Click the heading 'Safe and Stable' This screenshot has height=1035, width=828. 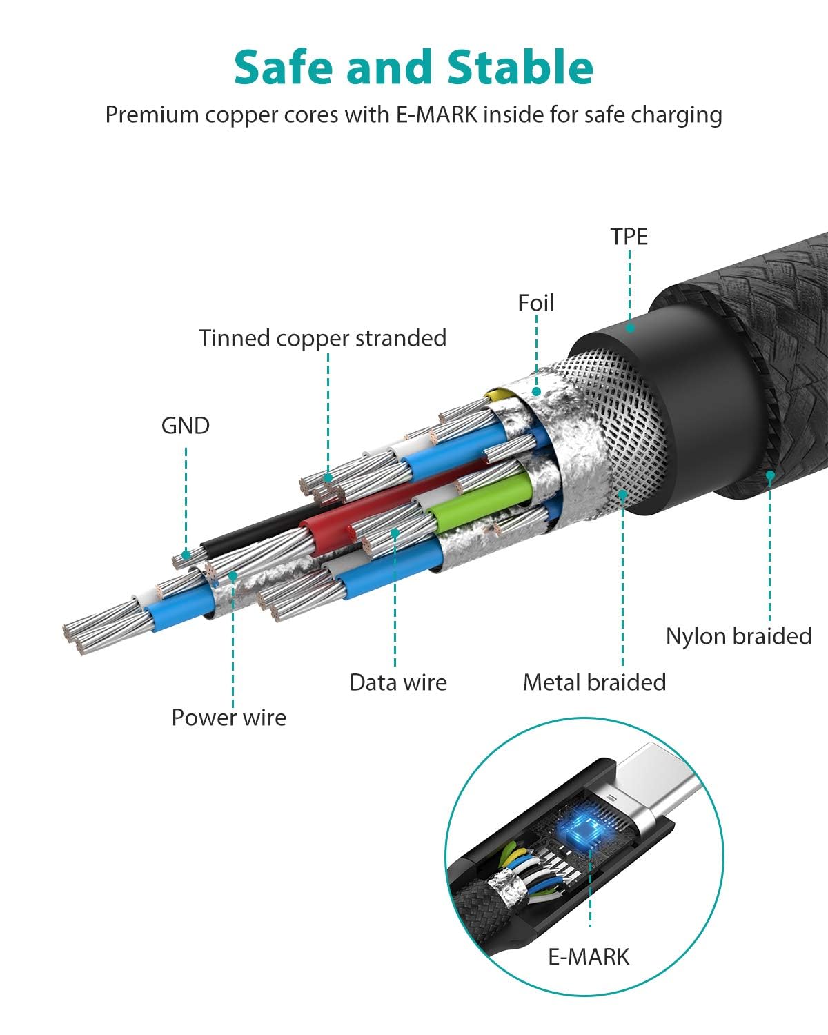pyautogui.click(x=413, y=68)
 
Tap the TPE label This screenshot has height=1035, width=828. pyautogui.click(x=629, y=237)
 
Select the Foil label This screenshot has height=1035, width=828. pyautogui.click(x=535, y=303)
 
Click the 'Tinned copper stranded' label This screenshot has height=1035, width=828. pyautogui.click(x=322, y=338)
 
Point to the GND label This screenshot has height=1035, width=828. pyautogui.click(x=185, y=426)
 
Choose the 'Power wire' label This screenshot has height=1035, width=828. pyautogui.click(x=228, y=718)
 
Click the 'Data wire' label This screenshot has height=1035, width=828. pyautogui.click(x=397, y=682)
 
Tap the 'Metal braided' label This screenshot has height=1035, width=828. pyautogui.click(x=594, y=682)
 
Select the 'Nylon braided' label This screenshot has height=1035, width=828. pyautogui.click(x=738, y=636)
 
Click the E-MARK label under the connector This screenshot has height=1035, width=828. pyautogui.click(x=589, y=957)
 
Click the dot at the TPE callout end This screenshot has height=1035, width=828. pyautogui.click(x=629, y=328)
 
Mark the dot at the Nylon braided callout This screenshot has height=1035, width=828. pyautogui.click(x=769, y=475)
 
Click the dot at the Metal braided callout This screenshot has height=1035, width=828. pyautogui.click(x=622, y=493)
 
